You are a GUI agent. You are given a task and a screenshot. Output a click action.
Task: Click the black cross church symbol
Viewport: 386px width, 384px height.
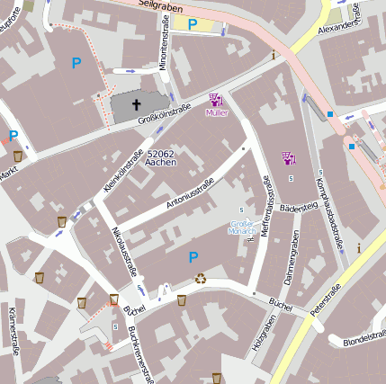tap(138, 105)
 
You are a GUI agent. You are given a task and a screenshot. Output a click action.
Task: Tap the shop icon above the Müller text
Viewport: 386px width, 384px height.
tap(216, 99)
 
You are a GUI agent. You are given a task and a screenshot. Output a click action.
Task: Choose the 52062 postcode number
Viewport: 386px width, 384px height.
tap(160, 155)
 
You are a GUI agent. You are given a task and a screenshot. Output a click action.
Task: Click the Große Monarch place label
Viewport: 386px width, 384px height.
tap(242, 227)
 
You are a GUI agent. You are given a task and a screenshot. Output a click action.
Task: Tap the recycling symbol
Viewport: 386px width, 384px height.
tap(201, 279)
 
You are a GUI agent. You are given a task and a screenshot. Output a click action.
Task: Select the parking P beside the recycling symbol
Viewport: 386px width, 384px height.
tap(193, 257)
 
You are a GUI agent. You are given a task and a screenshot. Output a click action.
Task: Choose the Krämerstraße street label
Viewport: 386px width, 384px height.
tap(13, 331)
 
